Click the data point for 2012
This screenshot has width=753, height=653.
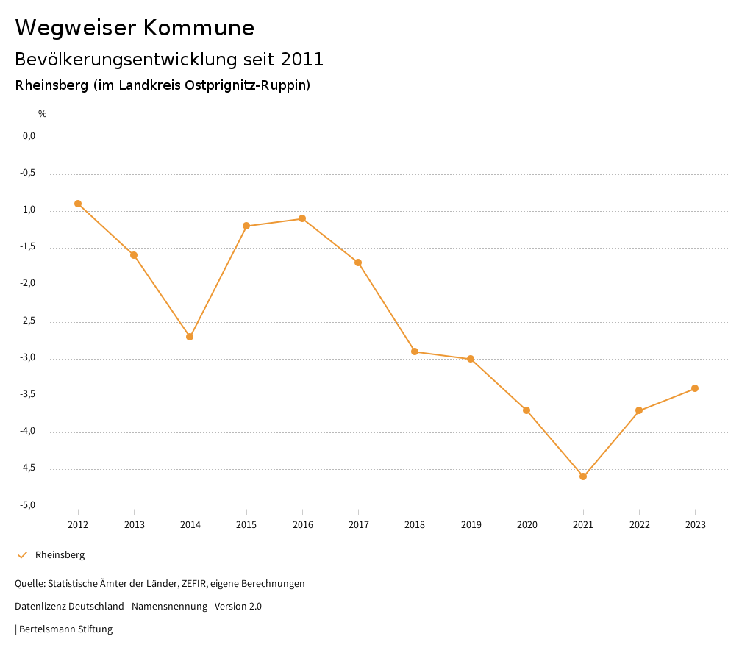78,204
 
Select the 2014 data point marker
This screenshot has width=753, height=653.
190,337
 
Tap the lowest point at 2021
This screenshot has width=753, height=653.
583,477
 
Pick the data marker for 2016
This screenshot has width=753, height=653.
302,218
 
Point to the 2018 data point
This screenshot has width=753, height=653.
415,352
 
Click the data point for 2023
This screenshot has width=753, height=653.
695,388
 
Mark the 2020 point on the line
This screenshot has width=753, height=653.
527,410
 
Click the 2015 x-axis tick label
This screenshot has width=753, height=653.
246,525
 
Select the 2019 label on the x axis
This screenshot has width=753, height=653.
471,525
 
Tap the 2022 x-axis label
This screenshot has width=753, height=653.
639,525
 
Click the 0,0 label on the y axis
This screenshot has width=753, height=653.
29,136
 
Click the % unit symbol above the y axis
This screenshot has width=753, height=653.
43,114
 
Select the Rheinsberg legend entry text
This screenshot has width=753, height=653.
60,555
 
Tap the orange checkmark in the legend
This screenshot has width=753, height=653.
22,555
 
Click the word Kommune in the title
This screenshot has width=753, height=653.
199,28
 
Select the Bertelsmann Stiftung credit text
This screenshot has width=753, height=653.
65,629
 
